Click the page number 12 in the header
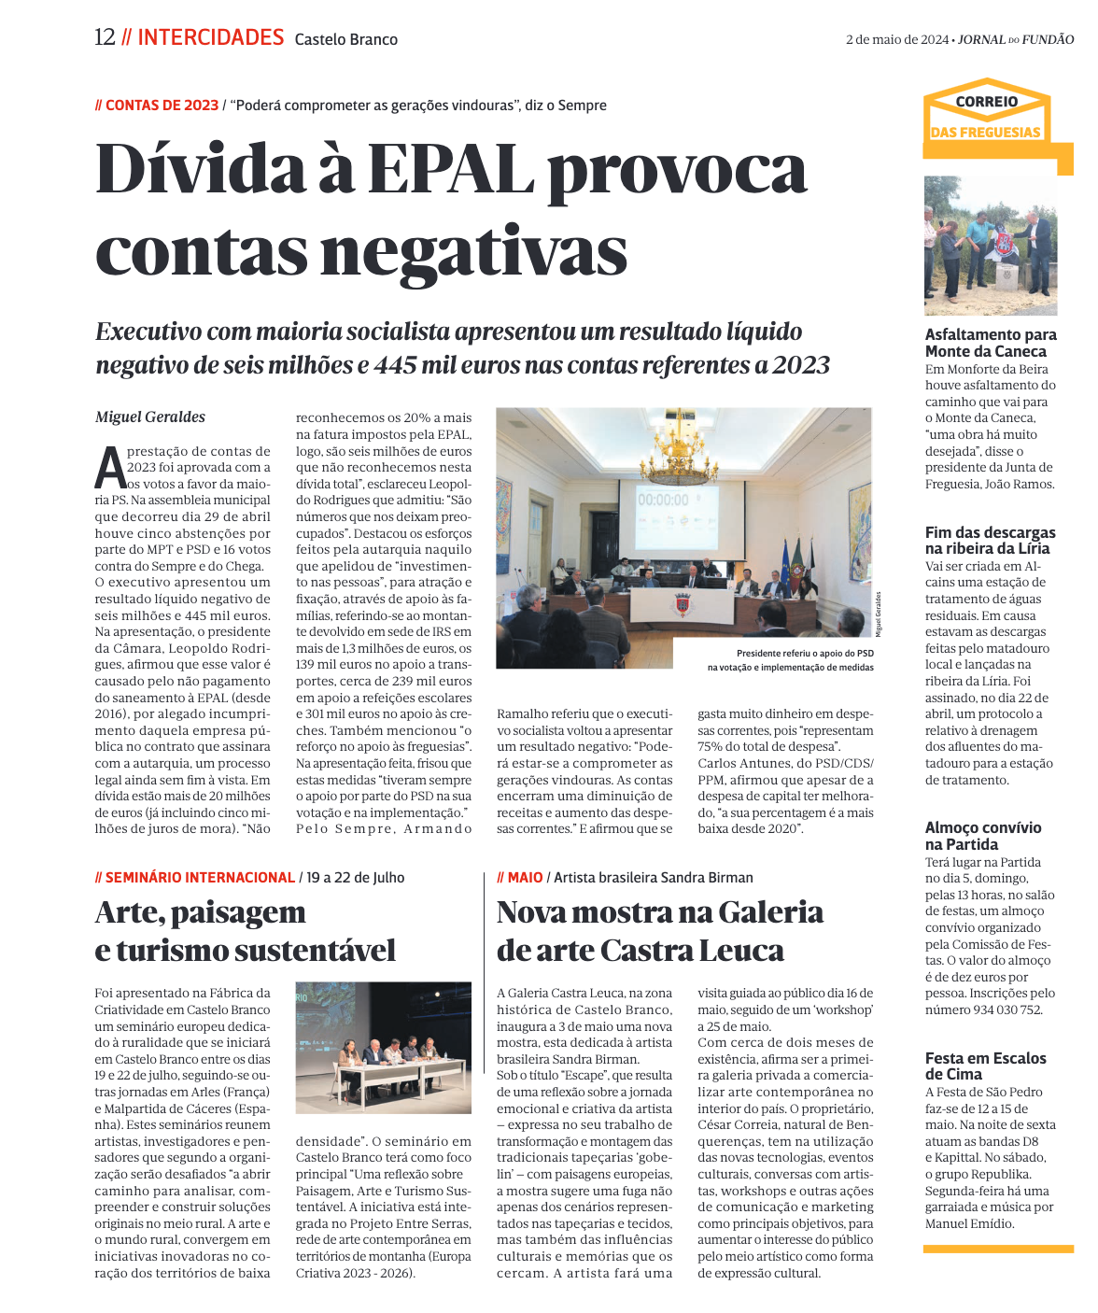(x=105, y=37)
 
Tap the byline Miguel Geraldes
(x=149, y=416)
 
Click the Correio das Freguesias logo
(x=986, y=117)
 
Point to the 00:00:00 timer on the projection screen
(x=663, y=500)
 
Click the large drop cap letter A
(x=110, y=468)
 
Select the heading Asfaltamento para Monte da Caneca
(x=991, y=343)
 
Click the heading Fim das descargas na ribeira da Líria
(x=990, y=540)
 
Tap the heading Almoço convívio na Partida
(x=982, y=835)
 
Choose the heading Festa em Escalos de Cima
(x=985, y=1066)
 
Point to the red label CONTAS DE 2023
(x=162, y=106)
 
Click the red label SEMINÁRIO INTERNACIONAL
(x=200, y=877)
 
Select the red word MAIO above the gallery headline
(x=525, y=877)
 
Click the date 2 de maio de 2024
(x=896, y=39)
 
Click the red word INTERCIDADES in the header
(x=210, y=37)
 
